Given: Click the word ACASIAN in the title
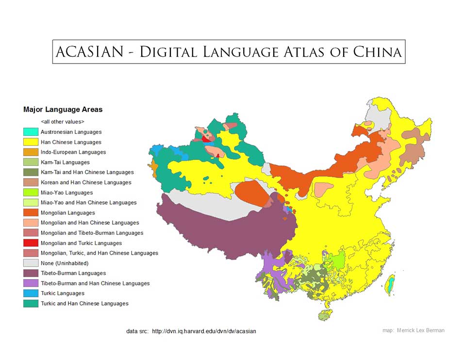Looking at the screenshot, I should point(89,52).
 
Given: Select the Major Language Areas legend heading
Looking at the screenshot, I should point(63,110).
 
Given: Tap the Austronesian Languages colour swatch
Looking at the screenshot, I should point(31,132).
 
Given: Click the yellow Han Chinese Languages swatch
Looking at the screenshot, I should point(31,142).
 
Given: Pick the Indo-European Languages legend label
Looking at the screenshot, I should point(73,152).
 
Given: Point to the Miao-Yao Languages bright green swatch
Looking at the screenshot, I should point(31,193).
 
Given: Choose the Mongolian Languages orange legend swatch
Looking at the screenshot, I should point(31,213).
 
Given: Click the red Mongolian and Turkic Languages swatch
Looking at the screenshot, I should point(31,243).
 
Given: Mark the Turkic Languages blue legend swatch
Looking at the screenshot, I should point(31,294).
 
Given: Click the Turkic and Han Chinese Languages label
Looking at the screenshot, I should point(84,304).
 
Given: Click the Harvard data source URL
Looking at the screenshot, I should point(204,331).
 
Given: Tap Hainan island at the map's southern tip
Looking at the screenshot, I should point(324,315).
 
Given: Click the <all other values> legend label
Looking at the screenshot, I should point(63,122).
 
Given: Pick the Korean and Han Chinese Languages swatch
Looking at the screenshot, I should point(31,182).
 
